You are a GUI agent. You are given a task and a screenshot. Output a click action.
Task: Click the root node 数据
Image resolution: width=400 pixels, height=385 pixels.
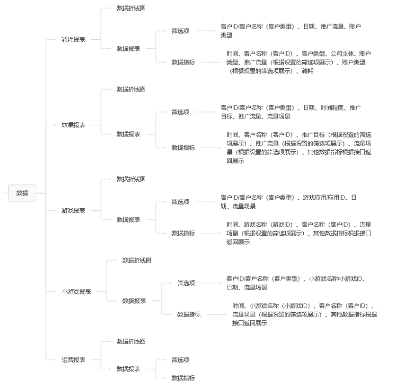click(x=22, y=193)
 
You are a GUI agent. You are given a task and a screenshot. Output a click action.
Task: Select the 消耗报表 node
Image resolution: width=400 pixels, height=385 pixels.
click(x=73, y=39)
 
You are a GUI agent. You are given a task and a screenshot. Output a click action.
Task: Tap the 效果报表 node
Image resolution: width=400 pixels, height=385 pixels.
click(x=73, y=125)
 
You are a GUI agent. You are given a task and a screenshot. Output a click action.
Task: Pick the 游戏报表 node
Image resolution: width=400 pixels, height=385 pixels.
click(x=73, y=210)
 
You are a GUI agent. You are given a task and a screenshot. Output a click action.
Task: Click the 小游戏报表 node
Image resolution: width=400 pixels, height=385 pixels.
click(x=76, y=292)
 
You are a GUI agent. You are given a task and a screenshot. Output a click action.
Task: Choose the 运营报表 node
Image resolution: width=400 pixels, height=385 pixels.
click(x=73, y=360)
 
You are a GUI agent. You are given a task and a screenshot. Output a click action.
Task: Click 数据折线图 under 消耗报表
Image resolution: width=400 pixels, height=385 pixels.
click(x=131, y=8)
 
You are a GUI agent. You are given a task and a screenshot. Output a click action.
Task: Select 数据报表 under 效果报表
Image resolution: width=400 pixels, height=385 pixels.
click(x=128, y=134)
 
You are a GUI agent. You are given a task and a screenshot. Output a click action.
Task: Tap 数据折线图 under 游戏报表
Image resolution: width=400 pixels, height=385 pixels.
click(x=131, y=179)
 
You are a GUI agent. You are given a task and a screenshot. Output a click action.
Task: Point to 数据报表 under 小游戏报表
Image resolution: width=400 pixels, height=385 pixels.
click(x=134, y=301)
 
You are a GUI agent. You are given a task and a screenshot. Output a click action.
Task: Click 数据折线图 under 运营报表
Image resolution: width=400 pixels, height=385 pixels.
click(x=131, y=341)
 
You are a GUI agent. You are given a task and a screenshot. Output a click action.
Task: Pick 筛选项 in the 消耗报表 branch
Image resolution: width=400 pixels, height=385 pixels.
click(x=180, y=31)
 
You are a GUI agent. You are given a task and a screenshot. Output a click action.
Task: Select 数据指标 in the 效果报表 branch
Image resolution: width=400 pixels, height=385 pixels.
click(x=183, y=148)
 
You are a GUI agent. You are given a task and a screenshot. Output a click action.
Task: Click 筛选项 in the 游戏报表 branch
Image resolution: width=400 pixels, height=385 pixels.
click(x=180, y=202)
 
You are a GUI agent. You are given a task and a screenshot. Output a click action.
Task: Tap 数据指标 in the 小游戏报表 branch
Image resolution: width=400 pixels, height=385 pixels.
click(x=189, y=314)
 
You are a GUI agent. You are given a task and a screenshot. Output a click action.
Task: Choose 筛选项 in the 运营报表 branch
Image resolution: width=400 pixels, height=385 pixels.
click(x=180, y=360)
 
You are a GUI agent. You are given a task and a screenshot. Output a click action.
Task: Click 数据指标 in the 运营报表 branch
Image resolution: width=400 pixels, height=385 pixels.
click(x=183, y=378)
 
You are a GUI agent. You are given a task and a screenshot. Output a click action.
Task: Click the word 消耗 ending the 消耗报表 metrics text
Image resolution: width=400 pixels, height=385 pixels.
click(x=307, y=71)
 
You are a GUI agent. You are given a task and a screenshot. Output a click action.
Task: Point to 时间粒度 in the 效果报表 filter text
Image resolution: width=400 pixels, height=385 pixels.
click(x=333, y=108)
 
